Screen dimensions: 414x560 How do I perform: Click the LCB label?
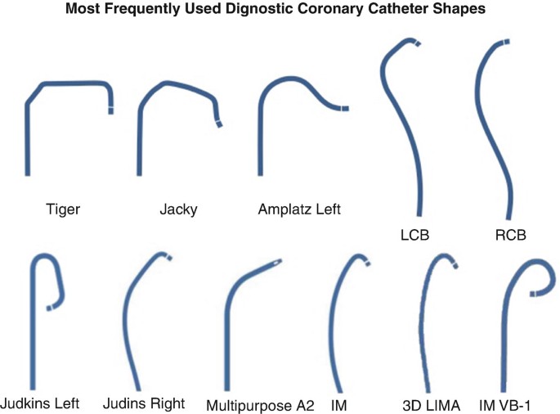416,235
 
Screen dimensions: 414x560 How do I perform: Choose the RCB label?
509,235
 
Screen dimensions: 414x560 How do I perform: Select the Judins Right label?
144,403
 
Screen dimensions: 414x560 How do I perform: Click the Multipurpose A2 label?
260,404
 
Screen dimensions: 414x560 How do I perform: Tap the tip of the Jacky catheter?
218,124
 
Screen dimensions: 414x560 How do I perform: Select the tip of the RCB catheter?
507,40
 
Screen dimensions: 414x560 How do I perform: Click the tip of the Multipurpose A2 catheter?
280,262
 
